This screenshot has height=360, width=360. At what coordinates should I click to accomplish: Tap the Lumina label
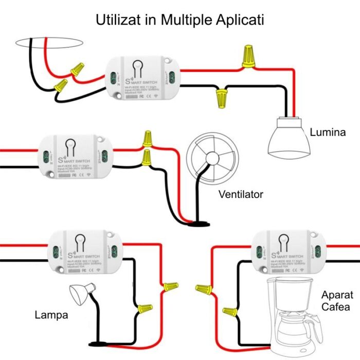point(328,133)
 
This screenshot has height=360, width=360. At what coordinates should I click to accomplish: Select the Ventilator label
point(241,194)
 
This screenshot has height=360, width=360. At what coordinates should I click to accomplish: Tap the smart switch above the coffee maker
point(291,251)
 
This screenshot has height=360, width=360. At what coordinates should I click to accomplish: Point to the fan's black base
point(198,223)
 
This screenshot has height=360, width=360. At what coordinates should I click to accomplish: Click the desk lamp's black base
point(97,344)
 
